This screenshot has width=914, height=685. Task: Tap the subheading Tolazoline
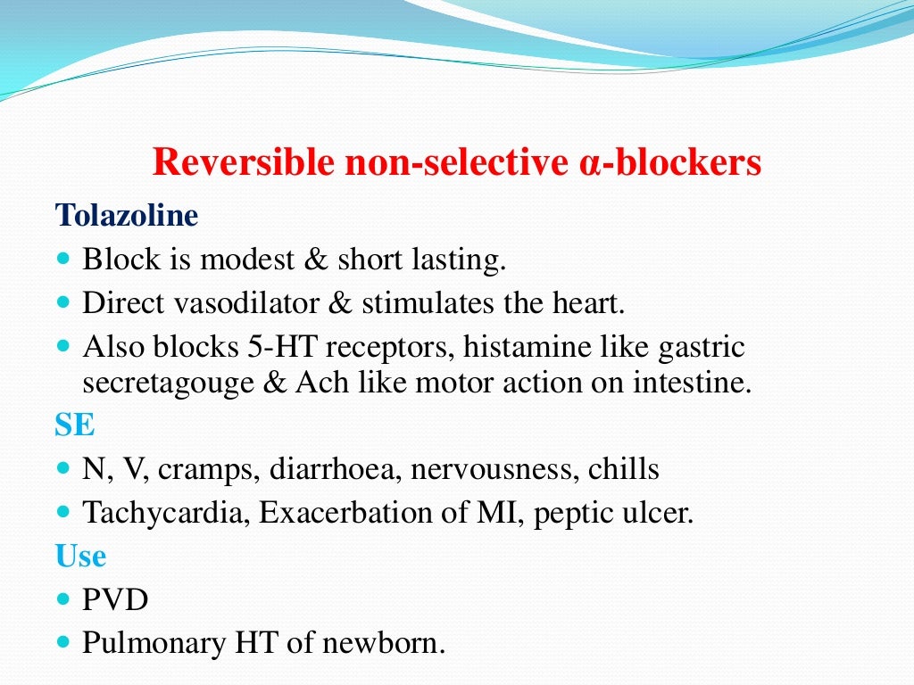click(127, 215)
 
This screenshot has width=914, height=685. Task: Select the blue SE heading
click(75, 425)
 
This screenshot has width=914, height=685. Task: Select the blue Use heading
click(80, 557)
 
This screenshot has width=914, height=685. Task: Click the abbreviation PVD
click(115, 599)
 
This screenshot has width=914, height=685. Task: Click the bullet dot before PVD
click(62, 598)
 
